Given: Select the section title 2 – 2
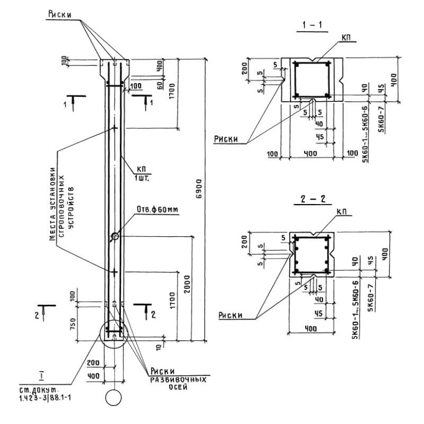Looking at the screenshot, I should click(313, 200).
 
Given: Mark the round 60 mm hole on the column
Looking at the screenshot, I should click(114, 237).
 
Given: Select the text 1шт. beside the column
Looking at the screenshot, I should click(143, 178).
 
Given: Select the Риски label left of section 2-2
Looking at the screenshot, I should click(230, 315).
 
